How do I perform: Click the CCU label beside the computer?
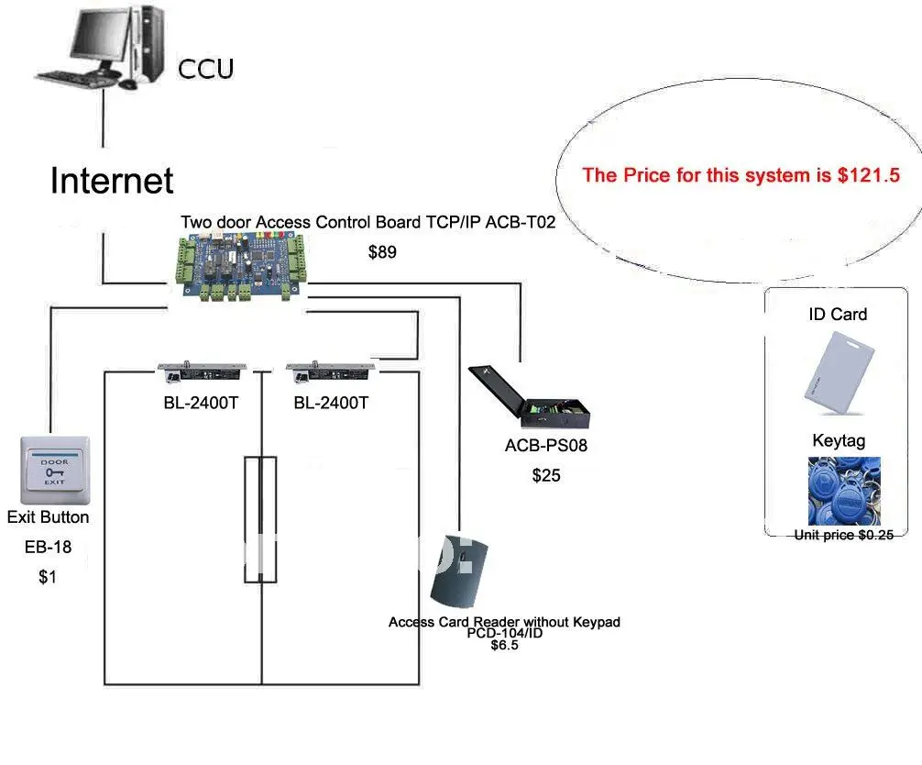pyautogui.click(x=206, y=69)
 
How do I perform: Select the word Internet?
pyautogui.click(x=112, y=180)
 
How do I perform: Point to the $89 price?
pyautogui.click(x=382, y=252)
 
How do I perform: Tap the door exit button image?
pyautogui.click(x=55, y=471)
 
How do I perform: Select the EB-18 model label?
pyautogui.click(x=49, y=547)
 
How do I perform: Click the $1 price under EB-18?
pyautogui.click(x=48, y=577)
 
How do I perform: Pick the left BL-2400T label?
pyautogui.click(x=201, y=403)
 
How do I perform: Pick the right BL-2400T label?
pyautogui.click(x=331, y=403)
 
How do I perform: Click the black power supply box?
pyautogui.click(x=529, y=396)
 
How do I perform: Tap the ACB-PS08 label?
pyautogui.click(x=546, y=446)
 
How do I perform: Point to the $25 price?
pyautogui.click(x=546, y=475)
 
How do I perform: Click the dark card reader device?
pyautogui.click(x=458, y=571)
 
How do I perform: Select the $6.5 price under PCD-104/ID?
pyautogui.click(x=504, y=645)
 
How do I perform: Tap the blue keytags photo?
pyautogui.click(x=844, y=491)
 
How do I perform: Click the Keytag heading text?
pyautogui.click(x=840, y=441)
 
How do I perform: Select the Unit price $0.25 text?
pyautogui.click(x=844, y=535)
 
